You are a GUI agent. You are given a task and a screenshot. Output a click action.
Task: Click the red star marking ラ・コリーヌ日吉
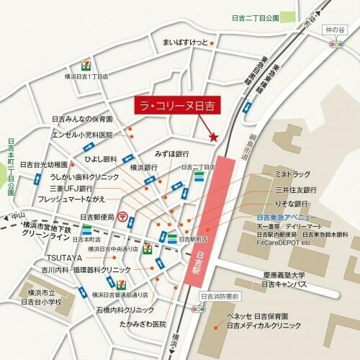tap(212, 136)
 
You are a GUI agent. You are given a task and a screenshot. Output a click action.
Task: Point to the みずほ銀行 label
tap(171, 154)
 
